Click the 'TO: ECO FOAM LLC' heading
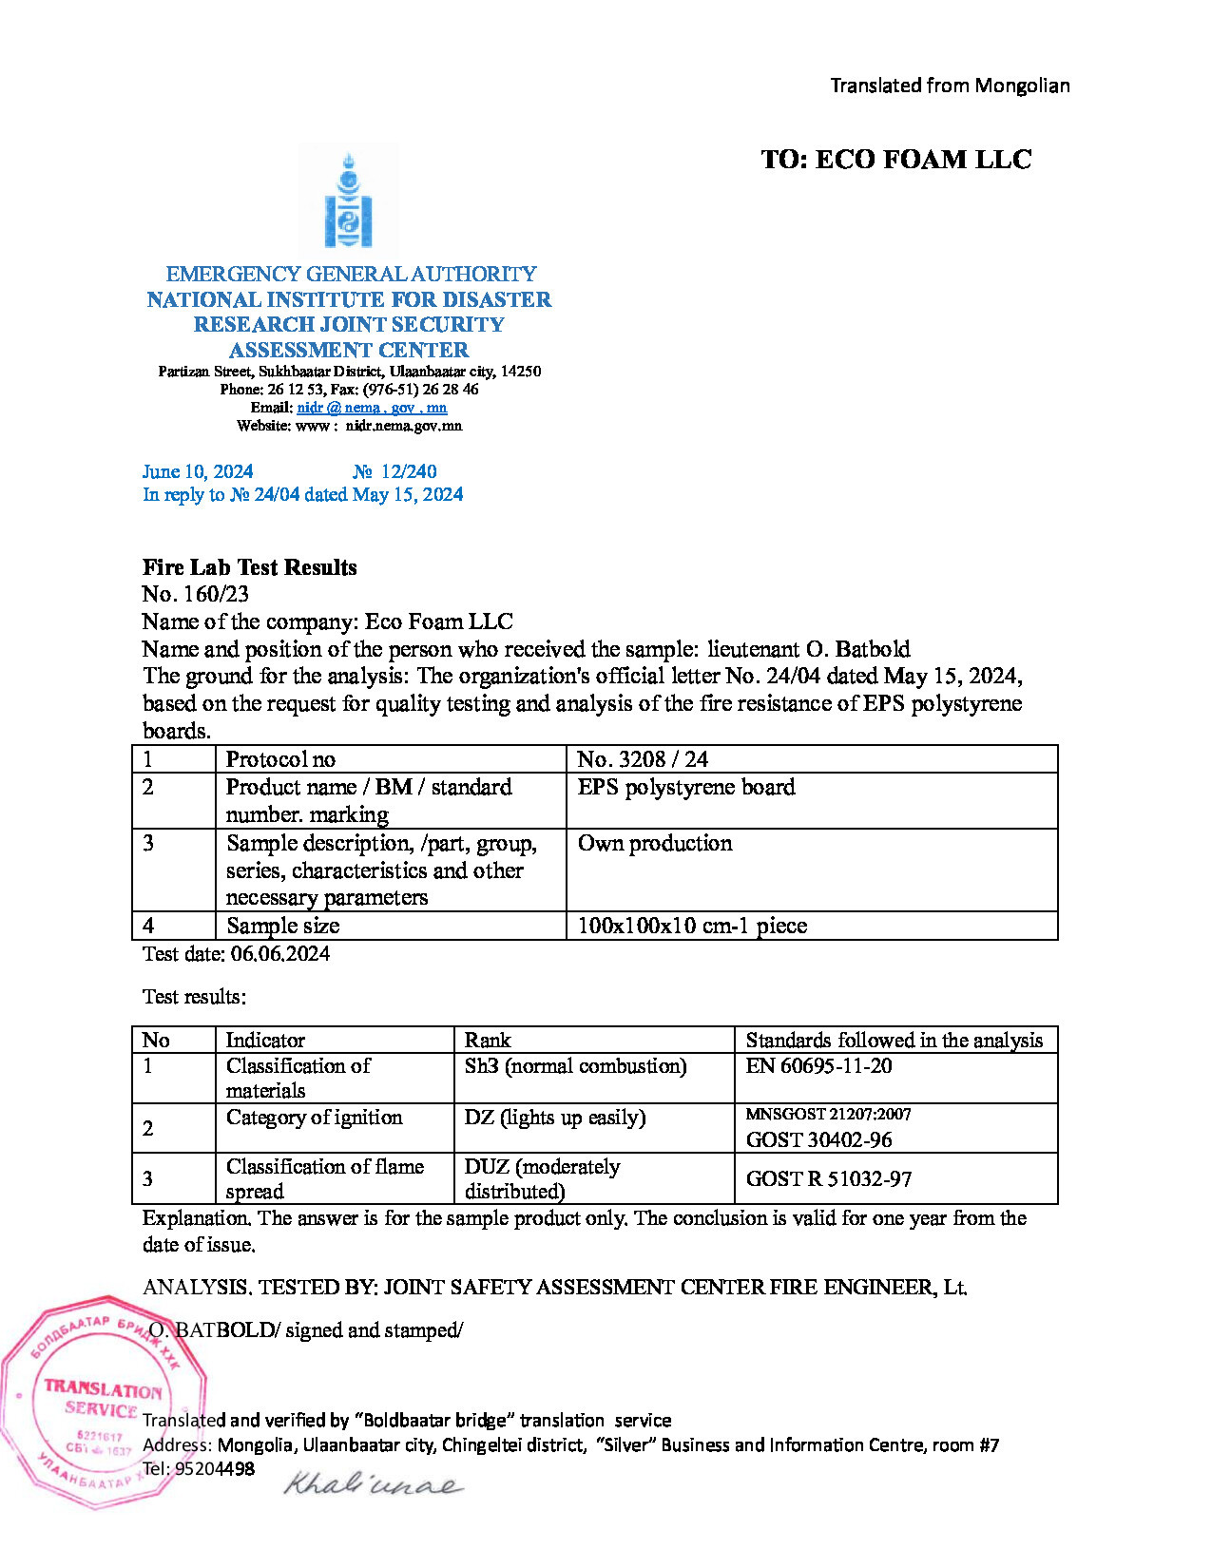(x=895, y=160)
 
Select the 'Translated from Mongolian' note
(x=950, y=86)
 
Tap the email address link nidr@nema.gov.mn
(x=372, y=408)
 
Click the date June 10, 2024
(x=198, y=471)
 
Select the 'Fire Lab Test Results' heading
(x=249, y=567)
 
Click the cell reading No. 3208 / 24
(x=643, y=759)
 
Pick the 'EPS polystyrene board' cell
(x=686, y=787)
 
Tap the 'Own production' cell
(x=655, y=843)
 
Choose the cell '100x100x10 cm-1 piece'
(x=692, y=926)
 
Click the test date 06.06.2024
(x=279, y=954)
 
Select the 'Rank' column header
(x=488, y=1040)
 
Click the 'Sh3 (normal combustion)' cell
(x=575, y=1066)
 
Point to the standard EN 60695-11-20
(x=818, y=1066)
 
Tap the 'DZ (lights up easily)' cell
(x=554, y=1118)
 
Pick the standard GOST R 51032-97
(x=828, y=1179)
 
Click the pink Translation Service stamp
(x=100, y=1402)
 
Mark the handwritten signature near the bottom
(x=373, y=1483)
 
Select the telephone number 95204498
(x=215, y=1468)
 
